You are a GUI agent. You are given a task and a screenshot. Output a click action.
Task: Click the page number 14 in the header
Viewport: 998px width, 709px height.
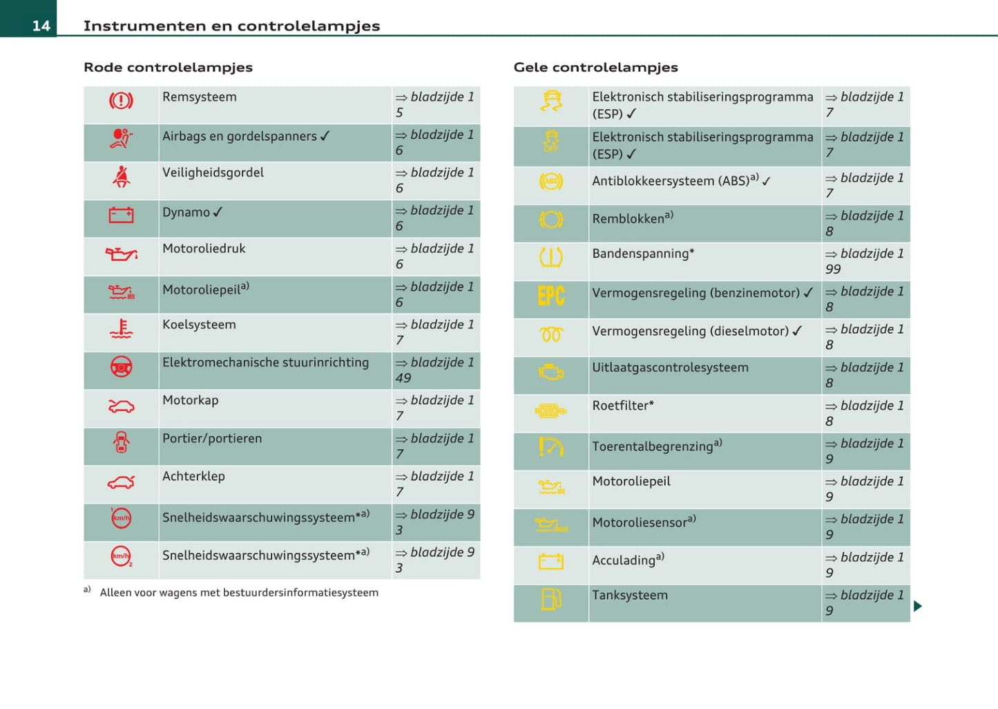click(x=41, y=26)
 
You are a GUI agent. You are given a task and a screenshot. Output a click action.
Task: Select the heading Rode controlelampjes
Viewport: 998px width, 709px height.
click(x=168, y=67)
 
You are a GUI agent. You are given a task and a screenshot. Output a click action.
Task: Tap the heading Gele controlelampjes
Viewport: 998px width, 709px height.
click(x=595, y=67)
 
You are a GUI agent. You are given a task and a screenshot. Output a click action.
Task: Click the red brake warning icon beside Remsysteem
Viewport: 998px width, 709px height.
click(x=121, y=101)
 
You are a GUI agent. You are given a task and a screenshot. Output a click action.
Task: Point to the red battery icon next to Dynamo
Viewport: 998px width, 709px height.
click(x=121, y=215)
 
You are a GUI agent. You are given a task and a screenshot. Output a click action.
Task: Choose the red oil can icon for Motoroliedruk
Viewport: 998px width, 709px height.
click(x=121, y=254)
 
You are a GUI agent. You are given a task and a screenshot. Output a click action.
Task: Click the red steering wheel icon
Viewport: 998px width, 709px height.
click(x=121, y=367)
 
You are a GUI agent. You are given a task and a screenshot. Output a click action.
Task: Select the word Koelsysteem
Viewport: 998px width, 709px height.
click(x=199, y=324)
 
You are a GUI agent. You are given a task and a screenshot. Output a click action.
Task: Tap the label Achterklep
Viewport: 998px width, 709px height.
click(x=193, y=476)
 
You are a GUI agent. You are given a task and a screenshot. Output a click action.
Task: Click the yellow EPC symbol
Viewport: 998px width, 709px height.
click(x=550, y=296)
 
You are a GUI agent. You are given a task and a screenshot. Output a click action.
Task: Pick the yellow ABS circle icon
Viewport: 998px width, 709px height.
click(x=550, y=182)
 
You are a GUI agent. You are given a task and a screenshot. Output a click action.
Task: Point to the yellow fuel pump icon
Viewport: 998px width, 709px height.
click(x=550, y=599)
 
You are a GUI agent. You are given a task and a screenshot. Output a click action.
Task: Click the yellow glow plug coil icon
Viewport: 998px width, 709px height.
click(x=550, y=334)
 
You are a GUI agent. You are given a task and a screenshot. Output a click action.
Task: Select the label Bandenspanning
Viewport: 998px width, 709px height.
click(x=640, y=254)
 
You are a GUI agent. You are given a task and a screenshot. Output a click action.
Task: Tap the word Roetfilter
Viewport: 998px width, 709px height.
click(x=620, y=406)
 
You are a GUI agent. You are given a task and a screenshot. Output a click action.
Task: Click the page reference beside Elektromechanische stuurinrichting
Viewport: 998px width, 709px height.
click(x=434, y=370)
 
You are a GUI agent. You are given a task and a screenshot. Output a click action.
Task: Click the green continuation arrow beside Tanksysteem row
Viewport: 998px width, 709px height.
click(x=917, y=606)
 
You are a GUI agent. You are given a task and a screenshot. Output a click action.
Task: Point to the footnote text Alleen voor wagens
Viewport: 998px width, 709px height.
click(x=238, y=592)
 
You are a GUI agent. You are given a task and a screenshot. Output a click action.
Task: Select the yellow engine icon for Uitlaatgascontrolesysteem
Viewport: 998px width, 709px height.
click(x=550, y=372)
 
